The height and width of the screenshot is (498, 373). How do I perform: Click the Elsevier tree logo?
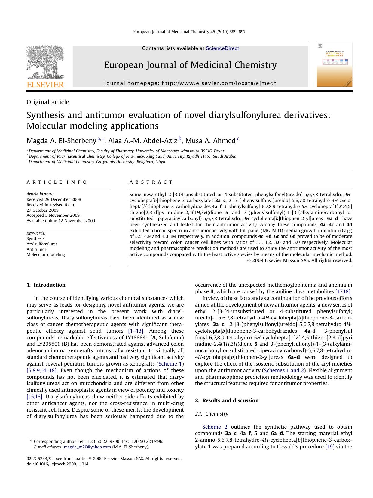[x=45, y=62]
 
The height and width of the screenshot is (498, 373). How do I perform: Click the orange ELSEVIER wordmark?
[x=45, y=85]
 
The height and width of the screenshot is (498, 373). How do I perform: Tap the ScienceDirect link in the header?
[x=222, y=48]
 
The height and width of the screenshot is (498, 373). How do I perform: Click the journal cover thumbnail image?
[x=334, y=64]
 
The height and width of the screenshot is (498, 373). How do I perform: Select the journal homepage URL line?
[x=190, y=83]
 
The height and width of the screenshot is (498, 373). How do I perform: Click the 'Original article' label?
[x=48, y=102]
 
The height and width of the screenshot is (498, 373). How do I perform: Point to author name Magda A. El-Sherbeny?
[x=61, y=141]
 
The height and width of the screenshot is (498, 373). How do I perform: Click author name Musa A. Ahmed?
[x=210, y=141]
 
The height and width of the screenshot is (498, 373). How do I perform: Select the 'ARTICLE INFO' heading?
[x=57, y=182]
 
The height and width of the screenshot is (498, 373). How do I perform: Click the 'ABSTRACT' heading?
[x=151, y=182]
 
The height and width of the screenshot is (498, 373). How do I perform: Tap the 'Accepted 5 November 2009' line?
[x=53, y=215]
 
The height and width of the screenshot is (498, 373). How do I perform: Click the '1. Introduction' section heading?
[x=46, y=285]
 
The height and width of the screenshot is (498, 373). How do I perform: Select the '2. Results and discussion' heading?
[x=227, y=400]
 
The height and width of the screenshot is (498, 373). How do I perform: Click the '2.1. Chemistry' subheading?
[x=211, y=414]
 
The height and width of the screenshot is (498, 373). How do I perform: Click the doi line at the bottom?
[x=57, y=464]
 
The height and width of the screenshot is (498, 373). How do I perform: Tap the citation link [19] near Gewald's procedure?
[x=330, y=447]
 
